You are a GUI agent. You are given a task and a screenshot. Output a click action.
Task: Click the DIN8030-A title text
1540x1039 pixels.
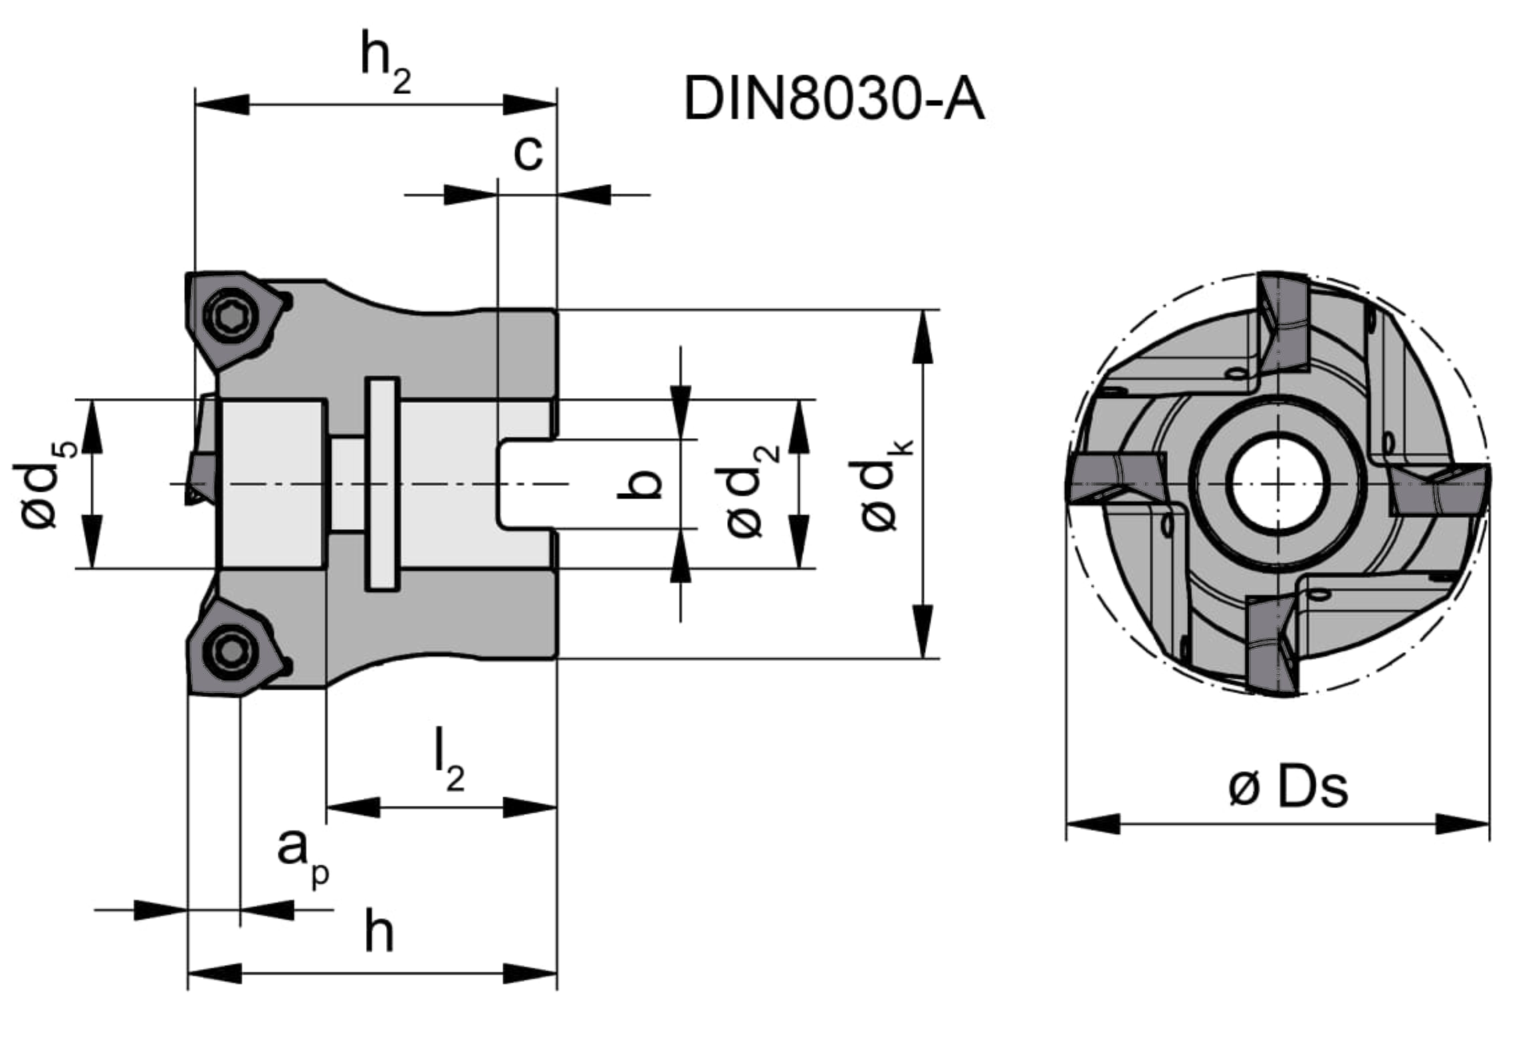[x=834, y=99]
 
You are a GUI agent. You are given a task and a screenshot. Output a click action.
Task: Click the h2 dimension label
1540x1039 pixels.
[x=386, y=62]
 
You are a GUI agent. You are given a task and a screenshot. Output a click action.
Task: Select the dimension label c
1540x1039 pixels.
[x=528, y=153]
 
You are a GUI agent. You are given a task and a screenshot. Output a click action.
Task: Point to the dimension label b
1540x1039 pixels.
[x=639, y=484]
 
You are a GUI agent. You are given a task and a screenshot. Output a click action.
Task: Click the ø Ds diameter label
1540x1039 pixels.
[x=1288, y=788]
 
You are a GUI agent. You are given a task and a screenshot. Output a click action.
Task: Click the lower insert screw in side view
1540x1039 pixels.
[x=231, y=651]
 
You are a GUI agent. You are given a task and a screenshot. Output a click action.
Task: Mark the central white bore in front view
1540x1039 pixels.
[x=1277, y=483]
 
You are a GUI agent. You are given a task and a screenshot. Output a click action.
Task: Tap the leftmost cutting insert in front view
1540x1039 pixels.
[x=1116, y=477]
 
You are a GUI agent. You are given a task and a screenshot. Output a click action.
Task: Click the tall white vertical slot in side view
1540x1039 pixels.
[x=382, y=484]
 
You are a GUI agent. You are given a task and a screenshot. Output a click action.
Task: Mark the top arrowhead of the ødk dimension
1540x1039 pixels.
[x=923, y=337]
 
